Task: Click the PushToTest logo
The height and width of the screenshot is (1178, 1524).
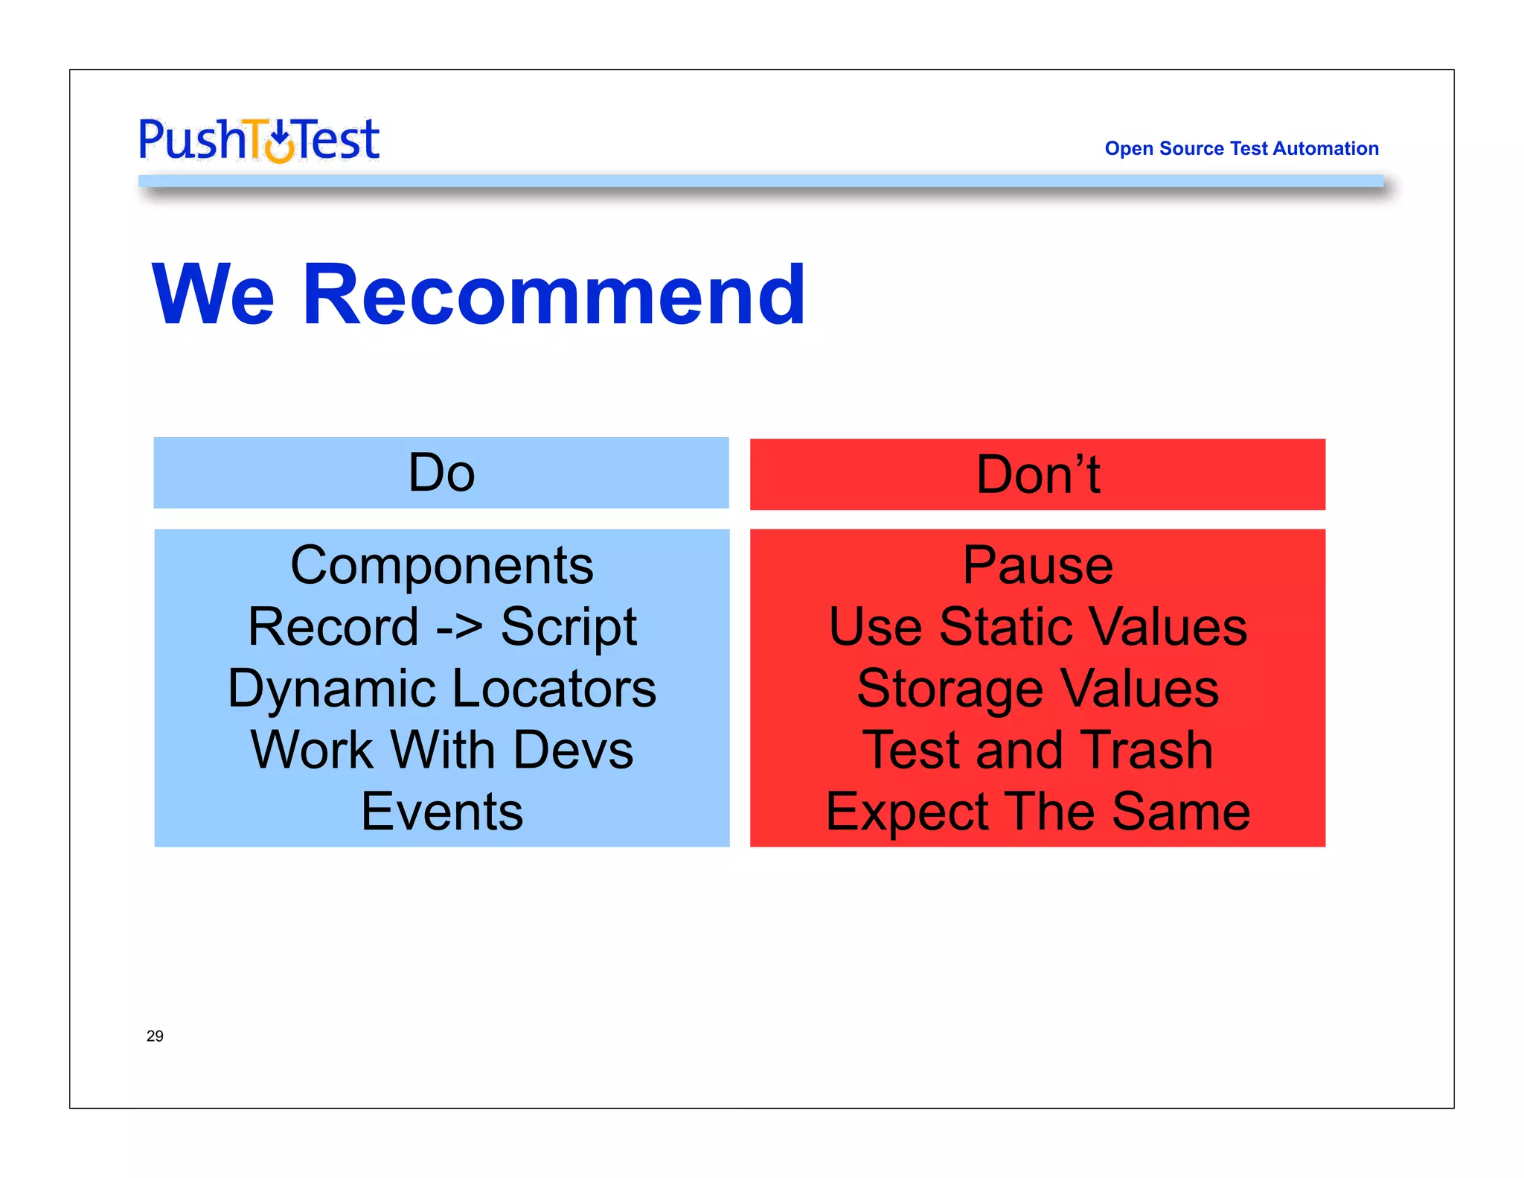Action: click(x=259, y=140)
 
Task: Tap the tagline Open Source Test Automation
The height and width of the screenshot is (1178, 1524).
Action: click(x=1241, y=148)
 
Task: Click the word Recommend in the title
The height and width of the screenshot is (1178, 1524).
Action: click(x=554, y=296)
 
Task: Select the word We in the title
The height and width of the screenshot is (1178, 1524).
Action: click(x=214, y=296)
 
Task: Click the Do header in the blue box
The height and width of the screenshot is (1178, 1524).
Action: click(x=441, y=473)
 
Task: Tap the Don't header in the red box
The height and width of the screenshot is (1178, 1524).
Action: click(x=1037, y=474)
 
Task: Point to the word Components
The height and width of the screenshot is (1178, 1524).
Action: click(x=442, y=565)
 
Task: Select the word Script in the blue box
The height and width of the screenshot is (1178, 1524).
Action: click(x=569, y=627)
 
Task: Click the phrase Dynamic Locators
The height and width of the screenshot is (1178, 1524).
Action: click(x=442, y=688)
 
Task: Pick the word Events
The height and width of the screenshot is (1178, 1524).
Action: click(x=442, y=811)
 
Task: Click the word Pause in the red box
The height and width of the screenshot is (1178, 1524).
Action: click(x=1037, y=565)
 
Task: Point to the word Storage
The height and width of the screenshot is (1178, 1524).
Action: click(x=950, y=690)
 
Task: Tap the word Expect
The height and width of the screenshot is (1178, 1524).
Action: click(x=907, y=812)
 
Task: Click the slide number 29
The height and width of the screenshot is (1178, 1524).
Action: click(x=155, y=1036)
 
